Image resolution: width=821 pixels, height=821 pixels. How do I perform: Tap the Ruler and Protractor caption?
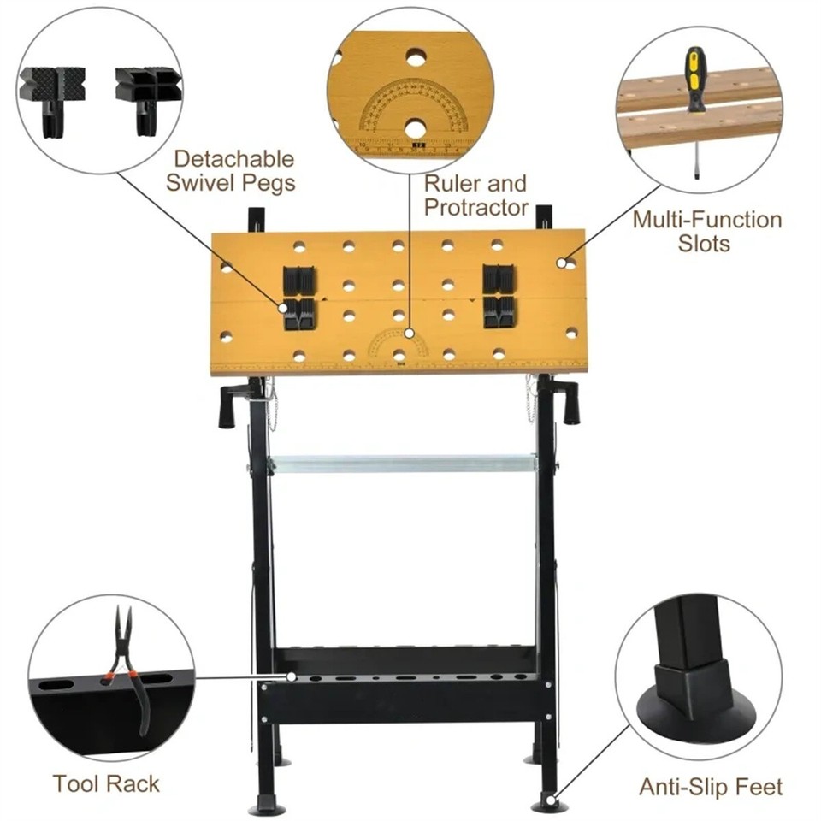click(x=475, y=195)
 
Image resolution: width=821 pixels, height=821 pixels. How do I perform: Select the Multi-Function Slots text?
click(x=706, y=231)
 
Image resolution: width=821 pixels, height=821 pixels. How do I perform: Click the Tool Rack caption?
click(x=106, y=783)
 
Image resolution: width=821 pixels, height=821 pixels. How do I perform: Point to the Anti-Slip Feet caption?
click(x=711, y=786)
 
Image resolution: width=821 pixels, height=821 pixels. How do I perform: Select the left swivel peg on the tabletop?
click(x=299, y=298)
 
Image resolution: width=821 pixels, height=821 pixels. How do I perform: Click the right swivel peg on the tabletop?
click(x=498, y=296)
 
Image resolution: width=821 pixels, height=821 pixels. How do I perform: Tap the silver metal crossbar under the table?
click(x=402, y=464)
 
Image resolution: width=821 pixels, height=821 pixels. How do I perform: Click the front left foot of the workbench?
click(x=264, y=805)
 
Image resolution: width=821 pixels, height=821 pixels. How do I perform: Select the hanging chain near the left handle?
click(x=273, y=406)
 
